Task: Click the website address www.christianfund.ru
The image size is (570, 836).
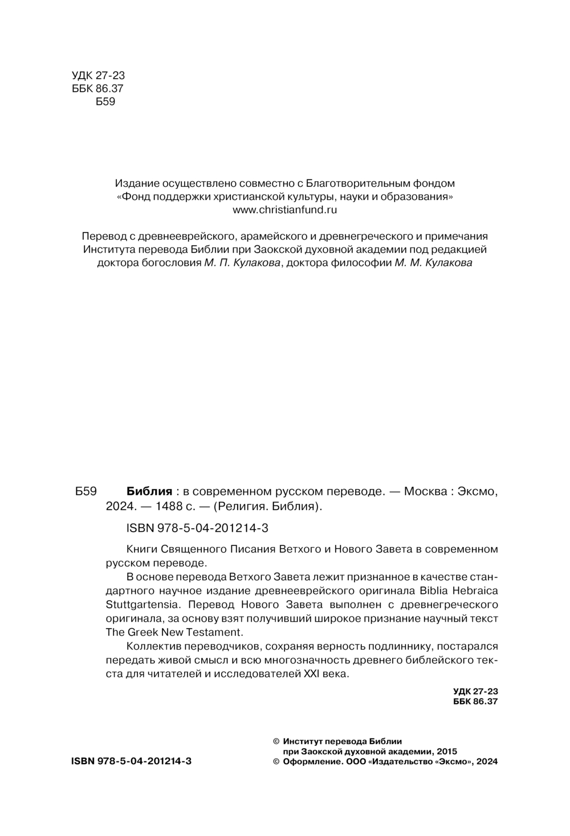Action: [x=285, y=210]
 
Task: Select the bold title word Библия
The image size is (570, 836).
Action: [x=149, y=491]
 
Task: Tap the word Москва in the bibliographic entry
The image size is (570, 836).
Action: [x=424, y=491]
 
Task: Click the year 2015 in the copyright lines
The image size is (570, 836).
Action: [x=446, y=751]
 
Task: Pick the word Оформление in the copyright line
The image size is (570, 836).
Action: [x=310, y=761]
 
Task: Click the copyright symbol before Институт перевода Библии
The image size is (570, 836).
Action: [x=277, y=741]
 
